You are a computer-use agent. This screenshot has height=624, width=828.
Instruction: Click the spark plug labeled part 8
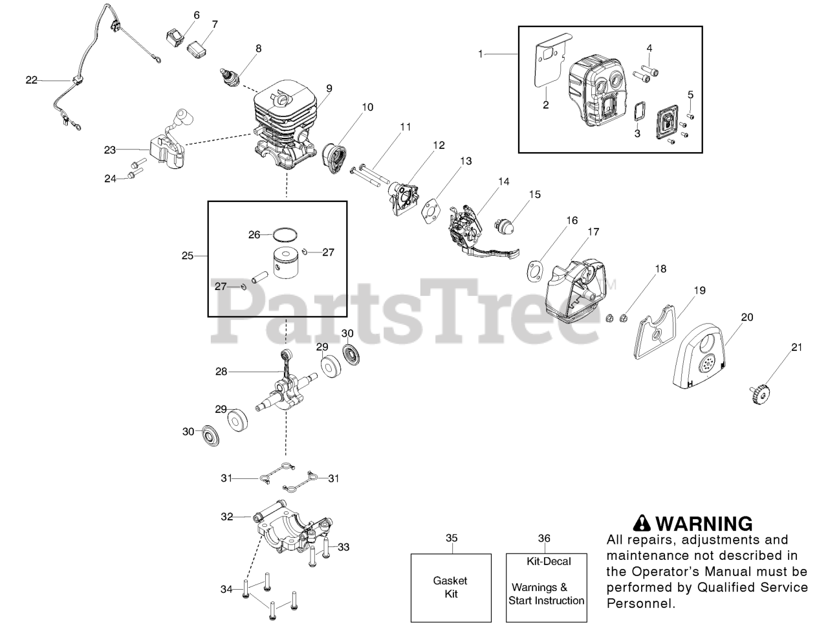pyautogui.click(x=230, y=77)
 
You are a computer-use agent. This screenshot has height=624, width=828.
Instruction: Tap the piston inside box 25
pyautogui.click(x=288, y=262)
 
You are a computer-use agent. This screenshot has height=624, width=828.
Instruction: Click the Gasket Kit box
pyautogui.click(x=451, y=587)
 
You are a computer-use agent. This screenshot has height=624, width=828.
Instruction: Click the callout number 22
pyautogui.click(x=32, y=80)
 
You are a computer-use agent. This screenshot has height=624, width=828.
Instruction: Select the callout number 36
pyautogui.click(x=545, y=538)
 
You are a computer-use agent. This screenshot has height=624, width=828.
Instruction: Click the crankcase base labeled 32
pyautogui.click(x=291, y=528)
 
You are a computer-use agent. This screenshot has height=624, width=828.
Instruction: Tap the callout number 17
pyautogui.click(x=593, y=231)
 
